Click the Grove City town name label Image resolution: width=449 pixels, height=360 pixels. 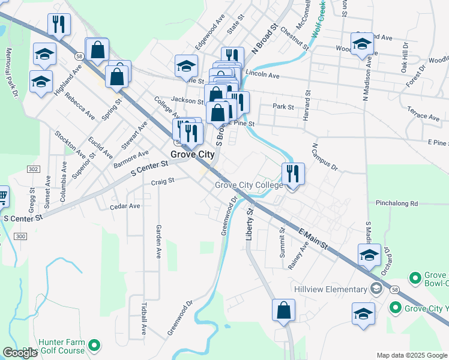[192, 154]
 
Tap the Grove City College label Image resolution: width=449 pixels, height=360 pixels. [249, 185]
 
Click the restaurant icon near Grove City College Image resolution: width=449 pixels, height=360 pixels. [293, 174]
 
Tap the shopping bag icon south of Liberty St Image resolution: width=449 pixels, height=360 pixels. [283, 311]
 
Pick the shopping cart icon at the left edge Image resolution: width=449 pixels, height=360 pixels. [3, 195]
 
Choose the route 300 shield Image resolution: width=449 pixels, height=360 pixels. [20, 237]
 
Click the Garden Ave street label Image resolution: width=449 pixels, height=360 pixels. [159, 241]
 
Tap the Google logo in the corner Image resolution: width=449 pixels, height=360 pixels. [20, 353]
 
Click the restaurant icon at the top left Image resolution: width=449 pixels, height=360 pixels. [59, 24]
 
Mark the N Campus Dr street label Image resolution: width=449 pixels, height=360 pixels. [325, 157]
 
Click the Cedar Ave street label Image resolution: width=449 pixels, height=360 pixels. [125, 206]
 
